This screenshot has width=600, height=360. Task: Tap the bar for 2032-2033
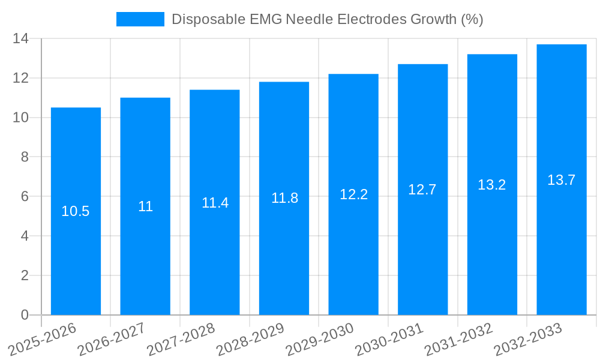click(562, 240)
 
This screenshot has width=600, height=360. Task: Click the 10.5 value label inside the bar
click(76, 211)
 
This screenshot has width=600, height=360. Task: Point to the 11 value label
click(145, 206)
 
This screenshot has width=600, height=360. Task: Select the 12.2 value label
click(353, 194)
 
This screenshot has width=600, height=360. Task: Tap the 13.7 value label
click(562, 180)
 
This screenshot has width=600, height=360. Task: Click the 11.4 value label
click(215, 203)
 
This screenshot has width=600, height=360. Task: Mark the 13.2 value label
click(492, 185)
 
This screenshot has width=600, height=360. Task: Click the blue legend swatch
click(140, 19)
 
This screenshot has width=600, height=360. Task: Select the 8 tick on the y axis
click(25, 157)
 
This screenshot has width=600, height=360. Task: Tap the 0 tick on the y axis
click(25, 315)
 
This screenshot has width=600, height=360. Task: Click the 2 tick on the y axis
click(25, 275)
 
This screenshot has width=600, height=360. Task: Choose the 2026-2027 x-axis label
click(112, 339)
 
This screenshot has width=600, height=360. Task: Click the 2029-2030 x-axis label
click(320, 339)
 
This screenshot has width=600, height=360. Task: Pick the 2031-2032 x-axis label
click(458, 339)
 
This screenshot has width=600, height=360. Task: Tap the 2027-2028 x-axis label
click(181, 339)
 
